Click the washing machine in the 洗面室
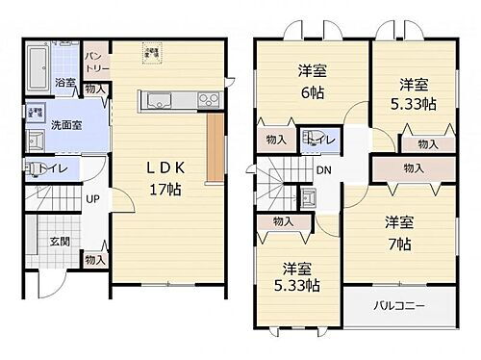point(37,111)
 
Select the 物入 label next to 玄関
point(94,261)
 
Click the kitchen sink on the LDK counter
point(156,100)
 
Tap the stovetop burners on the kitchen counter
point(209,100)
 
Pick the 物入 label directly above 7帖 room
point(413,168)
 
